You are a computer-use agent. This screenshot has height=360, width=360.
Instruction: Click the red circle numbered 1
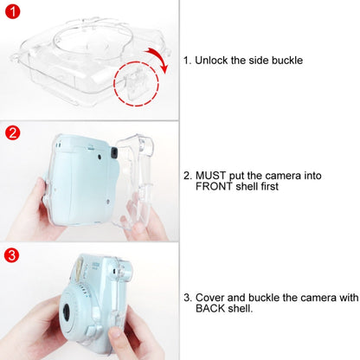click(12, 12)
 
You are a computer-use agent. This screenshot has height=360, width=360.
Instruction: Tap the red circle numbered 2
click(12, 133)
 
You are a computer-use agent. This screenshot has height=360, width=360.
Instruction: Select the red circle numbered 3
click(12, 254)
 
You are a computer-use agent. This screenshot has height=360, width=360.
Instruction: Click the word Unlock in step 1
click(213, 61)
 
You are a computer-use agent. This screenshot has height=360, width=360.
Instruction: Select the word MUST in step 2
click(215, 175)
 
